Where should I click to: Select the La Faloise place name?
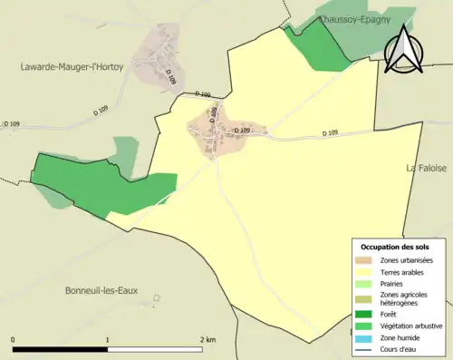click(429, 168)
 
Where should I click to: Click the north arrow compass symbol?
click(405, 49)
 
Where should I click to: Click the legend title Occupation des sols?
click(395, 247)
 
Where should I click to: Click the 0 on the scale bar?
click(13, 339)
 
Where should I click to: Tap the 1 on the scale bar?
click(108, 339)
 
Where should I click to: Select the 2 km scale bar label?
click(207, 339)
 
